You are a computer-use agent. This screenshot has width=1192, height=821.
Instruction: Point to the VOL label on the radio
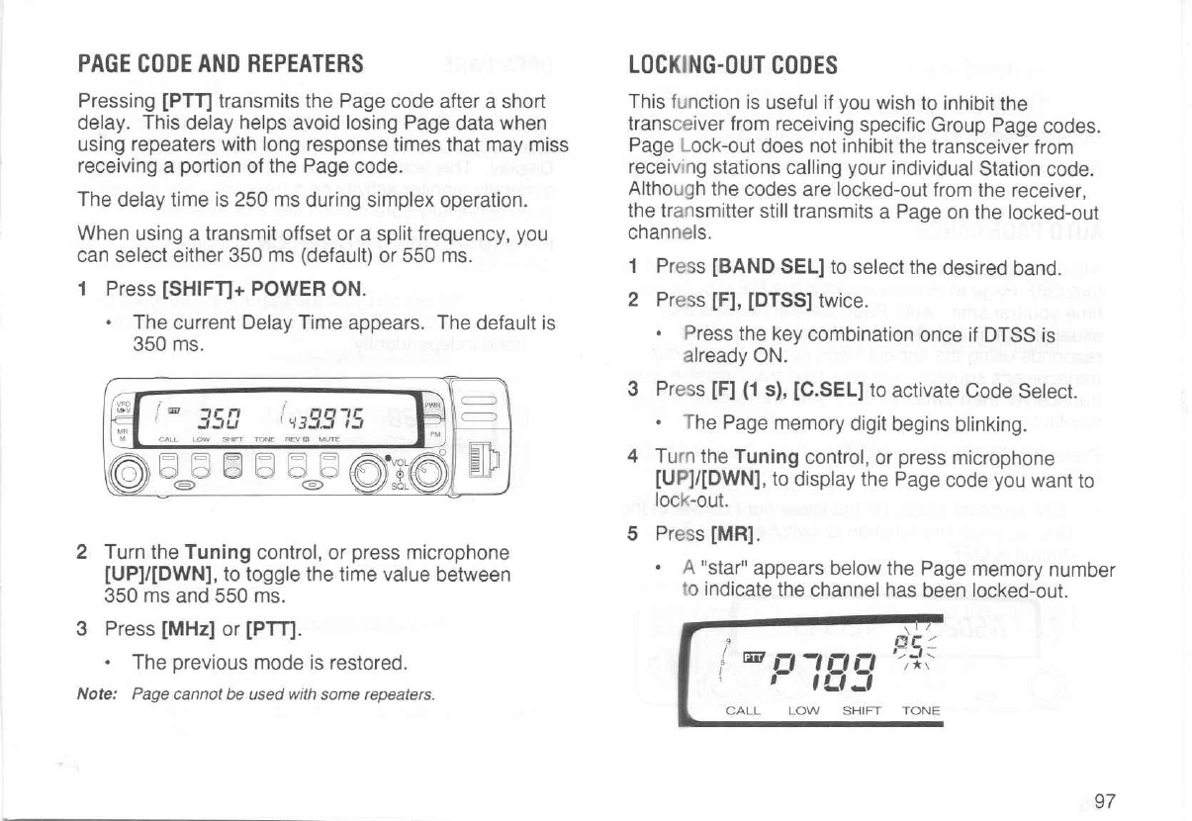(x=399, y=464)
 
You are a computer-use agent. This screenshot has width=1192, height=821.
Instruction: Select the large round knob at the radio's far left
(x=137, y=473)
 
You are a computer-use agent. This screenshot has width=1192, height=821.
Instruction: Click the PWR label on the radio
(x=432, y=405)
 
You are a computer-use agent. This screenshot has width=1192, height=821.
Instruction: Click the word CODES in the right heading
(x=800, y=65)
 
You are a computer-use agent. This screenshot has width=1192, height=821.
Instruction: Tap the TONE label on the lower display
(x=921, y=710)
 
